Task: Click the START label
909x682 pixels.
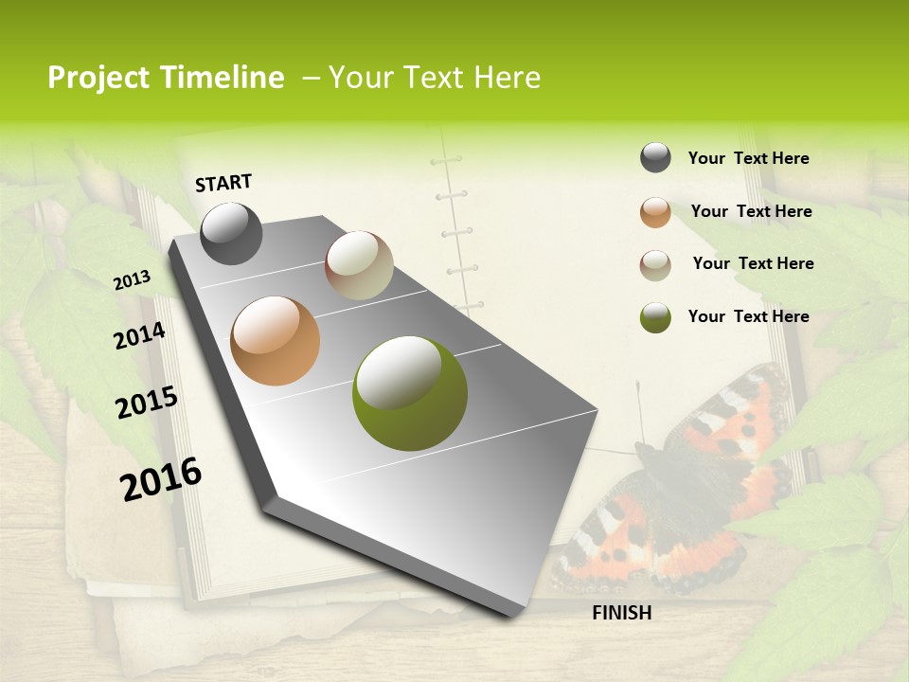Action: point(223,183)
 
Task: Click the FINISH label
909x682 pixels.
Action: point(621,613)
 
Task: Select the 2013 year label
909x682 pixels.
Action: point(133,280)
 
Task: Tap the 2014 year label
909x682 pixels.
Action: point(140,335)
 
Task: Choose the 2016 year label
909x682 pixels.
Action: point(161,478)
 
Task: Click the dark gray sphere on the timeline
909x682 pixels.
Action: point(231,233)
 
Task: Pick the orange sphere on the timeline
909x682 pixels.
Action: point(276,341)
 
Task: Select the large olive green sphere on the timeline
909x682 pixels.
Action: point(410,393)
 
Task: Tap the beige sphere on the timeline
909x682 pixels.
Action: point(359,265)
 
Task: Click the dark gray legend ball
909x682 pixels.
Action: point(655,158)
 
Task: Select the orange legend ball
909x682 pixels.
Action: point(655,212)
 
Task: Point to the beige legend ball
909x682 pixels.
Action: point(655,265)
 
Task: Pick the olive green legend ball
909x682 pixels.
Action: point(655,317)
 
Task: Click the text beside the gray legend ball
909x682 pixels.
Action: point(748,158)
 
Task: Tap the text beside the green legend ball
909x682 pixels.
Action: point(748,316)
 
